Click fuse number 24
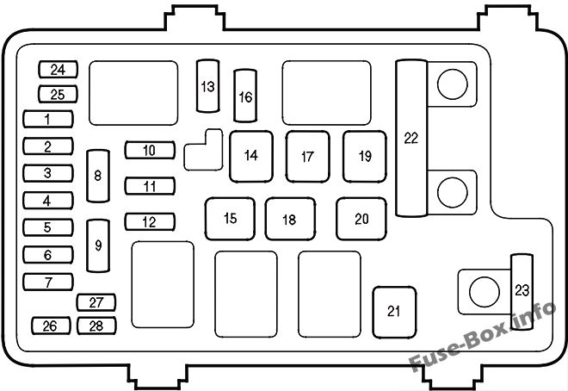(58, 70)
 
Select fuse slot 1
(48, 119)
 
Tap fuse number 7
(48, 282)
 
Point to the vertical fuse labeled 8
(98, 176)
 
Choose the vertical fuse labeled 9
(98, 245)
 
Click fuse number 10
(150, 150)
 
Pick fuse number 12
(150, 222)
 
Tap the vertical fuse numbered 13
(208, 86)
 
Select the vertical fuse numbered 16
(245, 96)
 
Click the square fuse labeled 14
(251, 157)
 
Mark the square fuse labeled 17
(307, 157)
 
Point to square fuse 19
(365, 157)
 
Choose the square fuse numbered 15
(230, 219)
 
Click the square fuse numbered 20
(361, 219)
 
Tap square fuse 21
(394, 313)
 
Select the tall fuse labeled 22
(411, 138)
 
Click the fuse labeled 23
(522, 292)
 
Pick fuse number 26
(51, 326)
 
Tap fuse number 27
(96, 302)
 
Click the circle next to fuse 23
(485, 292)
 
